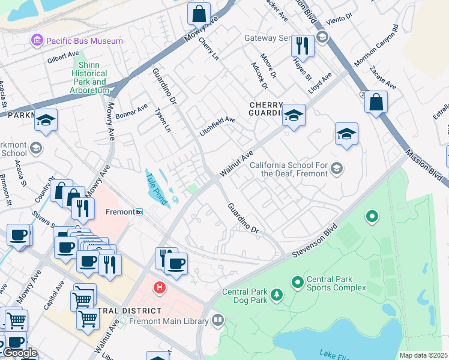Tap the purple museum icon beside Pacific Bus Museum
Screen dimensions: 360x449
pyautogui.click(x=38, y=41)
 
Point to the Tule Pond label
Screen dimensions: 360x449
pyautogui.click(x=157, y=187)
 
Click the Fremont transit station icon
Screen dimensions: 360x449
pyautogui.click(x=139, y=212)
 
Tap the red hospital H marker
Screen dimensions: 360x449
pyautogui.click(x=159, y=288)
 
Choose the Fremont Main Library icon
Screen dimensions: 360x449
pyautogui.click(x=217, y=321)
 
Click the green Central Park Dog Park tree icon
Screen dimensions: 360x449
pyautogui.click(x=276, y=294)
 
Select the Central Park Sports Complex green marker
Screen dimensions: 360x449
pyautogui.click(x=297, y=281)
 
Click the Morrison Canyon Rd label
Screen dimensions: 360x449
pyautogui.click(x=376, y=46)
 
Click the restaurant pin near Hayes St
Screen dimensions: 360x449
pyautogui.click(x=303, y=46)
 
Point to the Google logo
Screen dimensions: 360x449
pyautogui.click(x=20, y=352)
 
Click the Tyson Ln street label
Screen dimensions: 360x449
pyautogui.click(x=163, y=120)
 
